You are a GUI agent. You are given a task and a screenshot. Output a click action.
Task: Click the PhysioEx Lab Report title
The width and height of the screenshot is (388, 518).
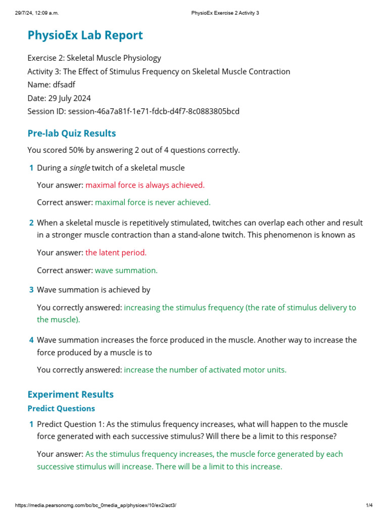pyautogui.click(x=85, y=35)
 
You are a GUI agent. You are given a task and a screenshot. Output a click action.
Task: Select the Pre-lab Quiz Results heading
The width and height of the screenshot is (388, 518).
pyautogui.click(x=72, y=134)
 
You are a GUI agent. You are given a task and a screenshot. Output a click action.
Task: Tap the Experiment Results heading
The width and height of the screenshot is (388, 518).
pyautogui.click(x=70, y=395)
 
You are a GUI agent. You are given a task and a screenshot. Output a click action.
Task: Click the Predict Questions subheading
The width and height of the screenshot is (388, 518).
pyautogui.click(x=61, y=408)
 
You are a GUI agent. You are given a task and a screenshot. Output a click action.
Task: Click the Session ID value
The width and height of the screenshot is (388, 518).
pyautogui.click(x=154, y=111)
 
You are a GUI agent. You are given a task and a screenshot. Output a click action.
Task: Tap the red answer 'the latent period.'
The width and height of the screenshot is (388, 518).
pyautogui.click(x=116, y=252)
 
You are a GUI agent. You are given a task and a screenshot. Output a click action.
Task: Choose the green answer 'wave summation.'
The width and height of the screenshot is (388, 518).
pyautogui.click(x=126, y=271)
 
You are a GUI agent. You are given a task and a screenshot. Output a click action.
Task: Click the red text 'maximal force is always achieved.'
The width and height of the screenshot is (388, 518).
pyautogui.click(x=145, y=185)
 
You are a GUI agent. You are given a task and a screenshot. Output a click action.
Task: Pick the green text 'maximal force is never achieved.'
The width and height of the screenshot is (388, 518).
pyautogui.click(x=153, y=202)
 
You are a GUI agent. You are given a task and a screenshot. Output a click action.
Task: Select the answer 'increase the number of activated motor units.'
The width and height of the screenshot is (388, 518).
pyautogui.click(x=205, y=370)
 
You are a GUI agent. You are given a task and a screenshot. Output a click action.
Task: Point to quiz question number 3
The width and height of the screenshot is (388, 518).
pyautogui.click(x=31, y=290)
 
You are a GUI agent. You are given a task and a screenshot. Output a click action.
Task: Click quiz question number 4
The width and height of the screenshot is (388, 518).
pyautogui.click(x=31, y=340)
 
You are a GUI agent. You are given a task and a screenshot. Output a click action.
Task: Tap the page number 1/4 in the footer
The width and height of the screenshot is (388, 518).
pyautogui.click(x=369, y=505)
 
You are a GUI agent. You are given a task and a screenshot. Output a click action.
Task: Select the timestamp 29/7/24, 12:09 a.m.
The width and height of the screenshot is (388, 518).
pyautogui.click(x=38, y=13)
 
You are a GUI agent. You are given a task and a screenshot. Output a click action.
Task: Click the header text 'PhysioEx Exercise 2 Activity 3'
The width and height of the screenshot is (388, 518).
pyautogui.click(x=225, y=13)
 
